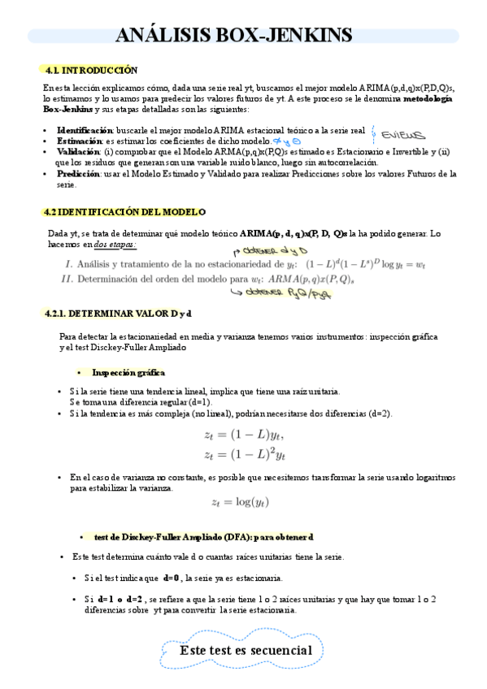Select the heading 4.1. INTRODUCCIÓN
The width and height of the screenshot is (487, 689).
(x=91, y=70)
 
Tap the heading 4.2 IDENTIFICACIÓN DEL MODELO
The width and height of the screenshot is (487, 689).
(x=124, y=212)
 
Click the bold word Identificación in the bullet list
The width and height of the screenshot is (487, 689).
(x=85, y=130)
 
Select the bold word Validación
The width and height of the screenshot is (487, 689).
(x=78, y=151)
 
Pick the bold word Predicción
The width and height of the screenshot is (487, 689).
(x=78, y=173)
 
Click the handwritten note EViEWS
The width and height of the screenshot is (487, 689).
(x=404, y=133)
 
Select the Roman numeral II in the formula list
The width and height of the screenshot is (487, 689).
(x=67, y=279)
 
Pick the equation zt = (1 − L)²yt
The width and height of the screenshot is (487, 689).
(x=243, y=453)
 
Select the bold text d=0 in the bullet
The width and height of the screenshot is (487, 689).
(x=172, y=578)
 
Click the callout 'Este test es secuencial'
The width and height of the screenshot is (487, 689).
(x=246, y=651)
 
